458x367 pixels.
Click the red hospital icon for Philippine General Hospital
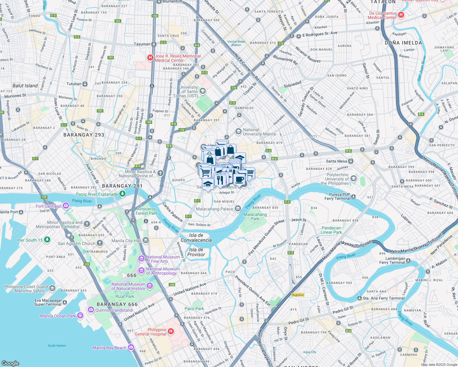[171, 332]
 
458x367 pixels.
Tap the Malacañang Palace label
[214, 209]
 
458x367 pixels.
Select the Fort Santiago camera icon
[66, 206]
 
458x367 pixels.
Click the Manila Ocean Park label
[58, 316]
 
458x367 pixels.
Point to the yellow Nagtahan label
[298, 295]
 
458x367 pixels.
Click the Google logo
[10, 363]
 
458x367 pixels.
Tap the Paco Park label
[194, 309]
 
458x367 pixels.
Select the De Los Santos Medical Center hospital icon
[401, 15]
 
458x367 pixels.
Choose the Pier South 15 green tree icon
[47, 240]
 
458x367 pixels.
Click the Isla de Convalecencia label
[196, 238]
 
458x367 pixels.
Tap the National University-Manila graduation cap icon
[238, 132]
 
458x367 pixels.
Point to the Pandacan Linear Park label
[331, 230]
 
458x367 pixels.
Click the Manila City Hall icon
[145, 240]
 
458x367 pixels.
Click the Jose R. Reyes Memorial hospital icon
[150, 57]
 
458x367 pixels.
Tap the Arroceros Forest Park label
[146, 211]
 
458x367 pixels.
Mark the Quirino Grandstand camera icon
[91, 310]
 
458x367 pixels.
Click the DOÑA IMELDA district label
[403, 43]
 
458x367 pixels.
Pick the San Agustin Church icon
[100, 243]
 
